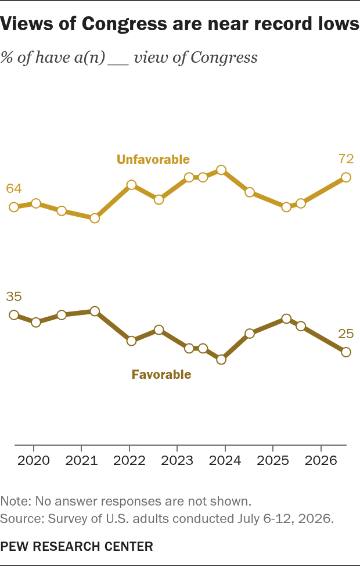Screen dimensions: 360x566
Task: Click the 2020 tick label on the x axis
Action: pyautogui.click(x=34, y=461)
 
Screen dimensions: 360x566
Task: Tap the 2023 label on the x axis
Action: pyautogui.click(x=177, y=461)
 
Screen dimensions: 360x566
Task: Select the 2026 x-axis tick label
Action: pyautogui.click(x=321, y=461)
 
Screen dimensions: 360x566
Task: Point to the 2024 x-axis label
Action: pyautogui.click(x=225, y=461)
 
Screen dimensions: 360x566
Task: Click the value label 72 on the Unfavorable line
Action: pyautogui.click(x=346, y=159)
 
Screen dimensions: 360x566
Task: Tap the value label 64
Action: pyautogui.click(x=14, y=188)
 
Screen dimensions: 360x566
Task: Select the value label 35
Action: pyautogui.click(x=14, y=296)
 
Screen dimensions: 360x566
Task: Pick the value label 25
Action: pyautogui.click(x=346, y=334)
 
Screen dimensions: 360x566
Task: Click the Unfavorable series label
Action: pyautogui.click(x=153, y=159)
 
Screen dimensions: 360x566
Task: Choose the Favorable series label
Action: pyautogui.click(x=161, y=374)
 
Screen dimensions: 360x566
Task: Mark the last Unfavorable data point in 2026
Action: pyautogui.click(x=346, y=177)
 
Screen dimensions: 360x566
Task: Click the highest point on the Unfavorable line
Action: pyautogui.click(x=221, y=170)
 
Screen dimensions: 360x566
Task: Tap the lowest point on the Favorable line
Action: pyautogui.click(x=221, y=360)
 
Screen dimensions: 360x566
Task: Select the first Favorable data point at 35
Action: pyautogui.click(x=14, y=315)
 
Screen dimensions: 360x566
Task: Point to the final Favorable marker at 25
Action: pyautogui.click(x=346, y=352)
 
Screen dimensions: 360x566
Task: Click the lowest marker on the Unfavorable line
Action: pyautogui.click(x=95, y=218)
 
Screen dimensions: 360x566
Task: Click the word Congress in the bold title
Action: pyautogui.click(x=124, y=24)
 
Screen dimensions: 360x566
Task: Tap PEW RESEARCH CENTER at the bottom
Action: pyautogui.click(x=77, y=546)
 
